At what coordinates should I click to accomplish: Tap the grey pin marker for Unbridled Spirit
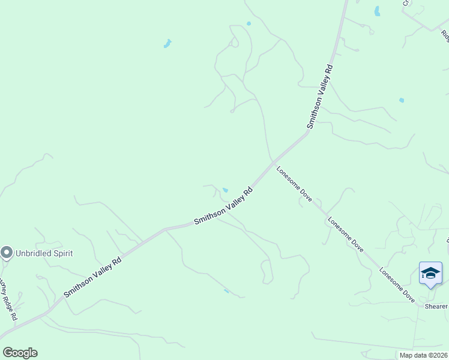(x=7, y=253)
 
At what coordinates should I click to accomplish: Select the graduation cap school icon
(x=430, y=274)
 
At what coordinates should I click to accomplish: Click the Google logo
(x=20, y=353)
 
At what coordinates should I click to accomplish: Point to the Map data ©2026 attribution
(x=423, y=355)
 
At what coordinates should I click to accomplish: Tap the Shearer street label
(x=436, y=307)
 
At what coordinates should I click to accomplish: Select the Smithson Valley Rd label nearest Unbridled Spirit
(x=92, y=277)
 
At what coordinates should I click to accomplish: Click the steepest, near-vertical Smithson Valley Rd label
(x=320, y=96)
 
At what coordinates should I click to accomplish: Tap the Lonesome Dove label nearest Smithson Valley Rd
(x=294, y=184)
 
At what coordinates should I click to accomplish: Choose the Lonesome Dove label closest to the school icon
(x=397, y=284)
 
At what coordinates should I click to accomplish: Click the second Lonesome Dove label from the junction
(x=346, y=233)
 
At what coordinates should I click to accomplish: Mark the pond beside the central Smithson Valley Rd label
(x=225, y=190)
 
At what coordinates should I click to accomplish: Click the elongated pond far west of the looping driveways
(x=167, y=43)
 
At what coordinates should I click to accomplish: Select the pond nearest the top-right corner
(x=377, y=11)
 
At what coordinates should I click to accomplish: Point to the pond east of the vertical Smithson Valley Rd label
(x=401, y=100)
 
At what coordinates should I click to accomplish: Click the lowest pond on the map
(x=226, y=291)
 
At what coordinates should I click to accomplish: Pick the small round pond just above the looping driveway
(x=249, y=23)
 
